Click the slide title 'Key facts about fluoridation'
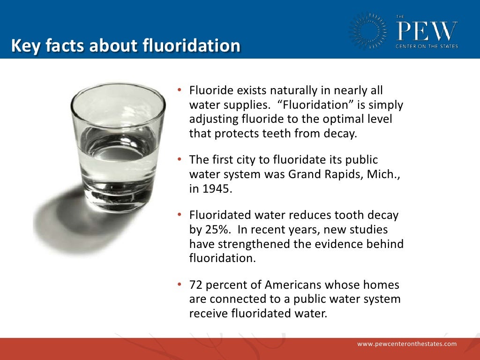click(x=126, y=46)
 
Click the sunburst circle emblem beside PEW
click(x=368, y=31)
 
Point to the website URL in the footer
click(x=407, y=344)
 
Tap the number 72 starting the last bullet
click(x=196, y=285)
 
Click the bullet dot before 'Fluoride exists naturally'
click(x=180, y=90)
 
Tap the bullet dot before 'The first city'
click(x=180, y=159)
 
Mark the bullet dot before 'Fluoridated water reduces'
click(x=180, y=215)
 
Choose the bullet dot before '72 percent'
click(x=180, y=285)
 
